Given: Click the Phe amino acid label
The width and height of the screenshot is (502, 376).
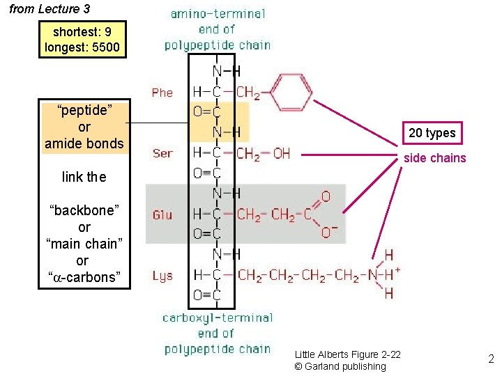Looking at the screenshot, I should pos(162,93).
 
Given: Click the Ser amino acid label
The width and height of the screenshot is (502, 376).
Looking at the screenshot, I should pos(162,153).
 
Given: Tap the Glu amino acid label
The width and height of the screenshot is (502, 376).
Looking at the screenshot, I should pos(162,215).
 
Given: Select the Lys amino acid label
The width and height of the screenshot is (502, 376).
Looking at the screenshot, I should pos(162,276).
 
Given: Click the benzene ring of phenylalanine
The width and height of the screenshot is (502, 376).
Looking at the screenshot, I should pos(293,92).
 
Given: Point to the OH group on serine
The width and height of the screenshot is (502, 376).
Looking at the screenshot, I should pos(281,153).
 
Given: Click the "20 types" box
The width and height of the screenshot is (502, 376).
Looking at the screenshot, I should pos(432,133).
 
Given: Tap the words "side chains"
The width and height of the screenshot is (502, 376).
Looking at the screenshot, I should pos(435,158).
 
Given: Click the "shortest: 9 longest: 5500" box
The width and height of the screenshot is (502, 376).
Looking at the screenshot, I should pos(82,40).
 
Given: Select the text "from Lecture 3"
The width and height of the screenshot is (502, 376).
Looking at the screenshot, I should pos(49,10).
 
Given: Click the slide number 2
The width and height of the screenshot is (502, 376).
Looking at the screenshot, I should pos(491,359).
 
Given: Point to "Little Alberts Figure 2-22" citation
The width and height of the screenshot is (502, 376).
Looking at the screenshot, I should pos(347,354).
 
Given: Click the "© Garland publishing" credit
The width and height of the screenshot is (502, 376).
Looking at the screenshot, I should pos(340,366).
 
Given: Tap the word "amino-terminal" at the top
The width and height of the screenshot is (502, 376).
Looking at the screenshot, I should pos(218,14).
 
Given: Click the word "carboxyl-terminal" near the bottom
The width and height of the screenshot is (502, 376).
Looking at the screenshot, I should pos(218,318).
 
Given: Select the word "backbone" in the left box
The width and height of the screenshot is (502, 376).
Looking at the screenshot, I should pos(84,210).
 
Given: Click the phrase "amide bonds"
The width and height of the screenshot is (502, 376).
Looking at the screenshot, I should pos(84,143).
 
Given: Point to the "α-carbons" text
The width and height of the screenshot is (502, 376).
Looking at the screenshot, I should pos(84,277).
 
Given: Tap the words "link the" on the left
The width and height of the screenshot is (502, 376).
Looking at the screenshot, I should pos(84,177).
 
